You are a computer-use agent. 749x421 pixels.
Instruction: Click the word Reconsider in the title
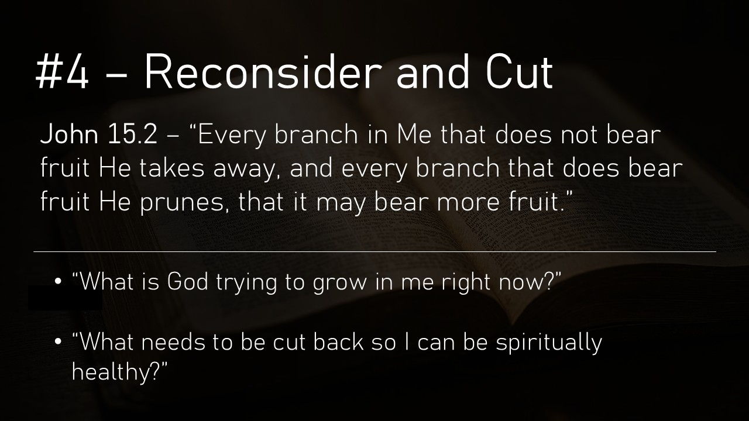(x=263, y=72)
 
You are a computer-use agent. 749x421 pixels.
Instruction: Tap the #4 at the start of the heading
(x=62, y=72)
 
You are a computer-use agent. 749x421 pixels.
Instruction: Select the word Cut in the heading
(x=519, y=72)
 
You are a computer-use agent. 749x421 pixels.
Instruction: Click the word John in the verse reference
(x=69, y=134)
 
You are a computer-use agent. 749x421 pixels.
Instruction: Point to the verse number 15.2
(x=132, y=134)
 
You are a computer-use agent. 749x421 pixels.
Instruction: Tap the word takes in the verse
(x=171, y=168)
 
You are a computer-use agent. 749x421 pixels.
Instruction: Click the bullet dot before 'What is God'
(x=58, y=282)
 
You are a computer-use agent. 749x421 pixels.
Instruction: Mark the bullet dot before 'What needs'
(x=58, y=342)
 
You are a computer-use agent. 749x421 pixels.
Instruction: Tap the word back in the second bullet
(x=338, y=342)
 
